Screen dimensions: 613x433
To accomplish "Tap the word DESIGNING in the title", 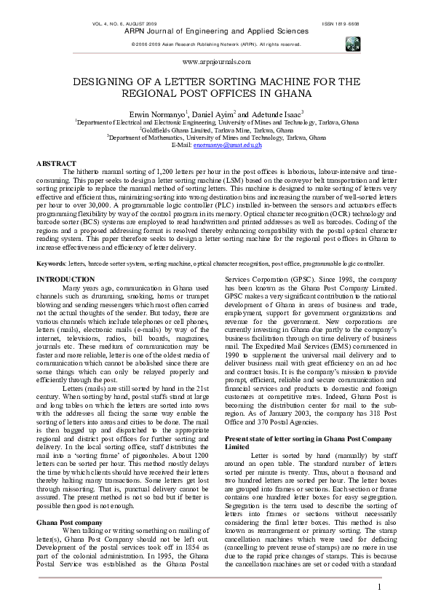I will (120, 82).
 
